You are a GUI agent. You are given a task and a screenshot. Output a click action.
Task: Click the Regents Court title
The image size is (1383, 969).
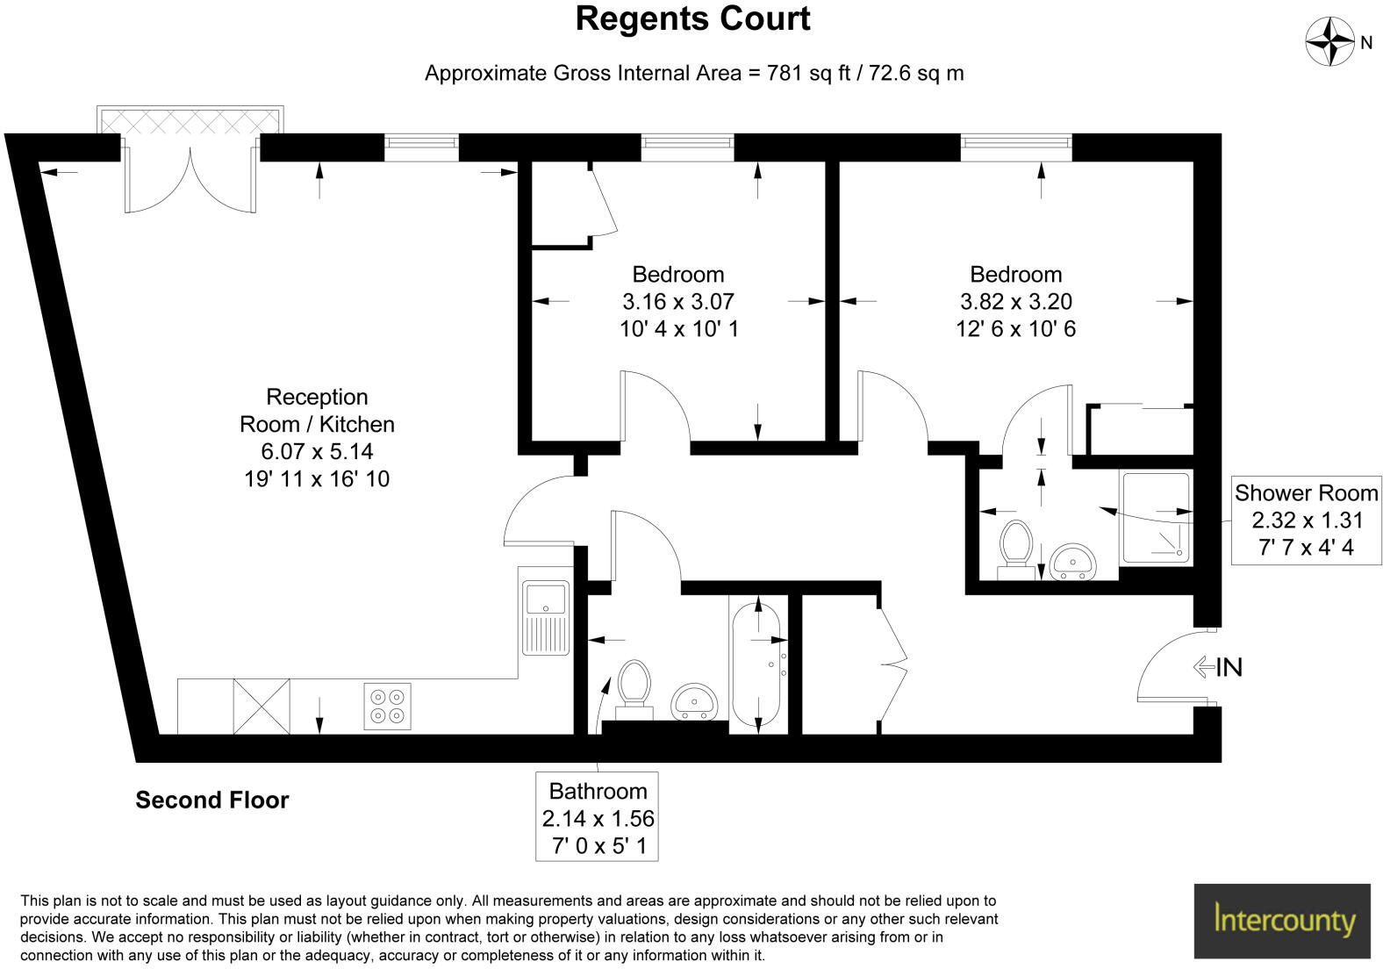[x=692, y=19]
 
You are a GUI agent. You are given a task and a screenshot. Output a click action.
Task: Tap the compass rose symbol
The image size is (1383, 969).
[x=1330, y=41]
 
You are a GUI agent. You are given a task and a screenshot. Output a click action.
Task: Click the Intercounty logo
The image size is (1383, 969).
[x=1282, y=921]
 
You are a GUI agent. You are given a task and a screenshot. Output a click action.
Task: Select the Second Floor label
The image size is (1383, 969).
[x=211, y=800]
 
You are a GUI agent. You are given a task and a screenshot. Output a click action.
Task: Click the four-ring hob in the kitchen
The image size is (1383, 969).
[x=387, y=707]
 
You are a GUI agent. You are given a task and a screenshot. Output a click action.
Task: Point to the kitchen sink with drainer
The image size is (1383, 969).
[x=546, y=618]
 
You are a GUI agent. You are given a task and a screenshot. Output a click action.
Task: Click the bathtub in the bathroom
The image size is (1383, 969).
[x=756, y=664]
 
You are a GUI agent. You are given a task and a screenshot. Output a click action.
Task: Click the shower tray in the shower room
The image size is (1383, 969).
[x=1156, y=518]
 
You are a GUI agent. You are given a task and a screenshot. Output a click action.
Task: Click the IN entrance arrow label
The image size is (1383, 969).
[x=1219, y=667]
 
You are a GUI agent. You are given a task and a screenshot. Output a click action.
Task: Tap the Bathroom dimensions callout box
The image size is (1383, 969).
[x=598, y=818]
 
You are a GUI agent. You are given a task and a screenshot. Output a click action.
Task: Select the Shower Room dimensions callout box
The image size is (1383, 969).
[x=1306, y=520]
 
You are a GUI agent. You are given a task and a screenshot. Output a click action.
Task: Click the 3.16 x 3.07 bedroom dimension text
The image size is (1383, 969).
[x=677, y=302]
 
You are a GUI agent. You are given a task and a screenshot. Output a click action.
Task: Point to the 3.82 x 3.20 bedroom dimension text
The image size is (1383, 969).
[x=1015, y=302]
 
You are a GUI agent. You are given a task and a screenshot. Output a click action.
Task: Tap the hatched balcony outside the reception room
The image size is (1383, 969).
[x=190, y=121]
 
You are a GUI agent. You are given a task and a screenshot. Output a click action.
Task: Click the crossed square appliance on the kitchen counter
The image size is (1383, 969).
[x=261, y=706]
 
